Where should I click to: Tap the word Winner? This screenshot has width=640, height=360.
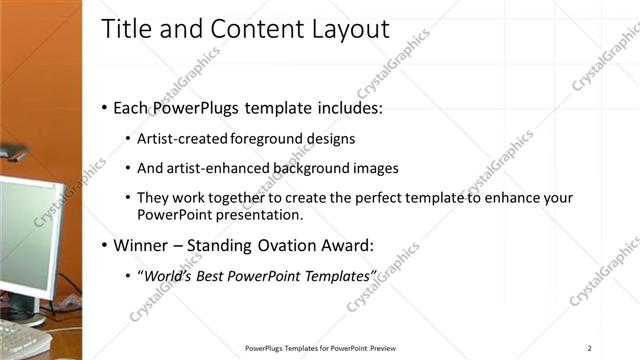tap(141, 245)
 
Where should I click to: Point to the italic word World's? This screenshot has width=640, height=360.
tap(166, 275)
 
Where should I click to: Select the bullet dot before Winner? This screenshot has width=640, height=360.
tap(105, 245)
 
